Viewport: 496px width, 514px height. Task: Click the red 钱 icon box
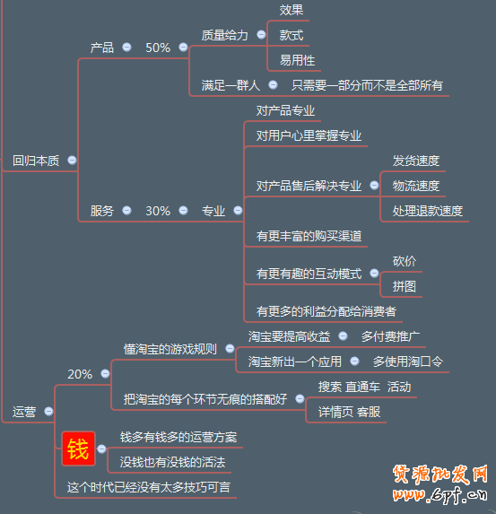[x=78, y=449]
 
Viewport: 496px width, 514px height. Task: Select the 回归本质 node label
[x=36, y=161]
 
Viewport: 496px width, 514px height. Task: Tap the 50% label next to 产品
[x=158, y=48]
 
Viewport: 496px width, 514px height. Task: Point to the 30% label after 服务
[x=158, y=211]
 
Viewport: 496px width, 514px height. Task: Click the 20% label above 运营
[x=80, y=374]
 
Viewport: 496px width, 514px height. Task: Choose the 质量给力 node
[x=224, y=35]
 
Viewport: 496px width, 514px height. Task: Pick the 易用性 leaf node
[x=297, y=60]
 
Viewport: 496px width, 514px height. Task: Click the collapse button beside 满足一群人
[x=273, y=85]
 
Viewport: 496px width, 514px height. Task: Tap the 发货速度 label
[x=416, y=161]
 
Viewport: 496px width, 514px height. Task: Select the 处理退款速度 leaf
[x=428, y=211]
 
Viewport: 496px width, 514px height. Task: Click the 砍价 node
[x=405, y=261]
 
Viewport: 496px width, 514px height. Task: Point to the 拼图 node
[x=405, y=286]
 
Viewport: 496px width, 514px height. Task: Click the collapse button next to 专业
[x=238, y=210]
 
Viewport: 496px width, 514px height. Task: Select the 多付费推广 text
[x=390, y=336]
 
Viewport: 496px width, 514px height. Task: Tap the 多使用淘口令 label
[x=408, y=362]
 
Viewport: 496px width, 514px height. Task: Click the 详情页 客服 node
[x=350, y=412]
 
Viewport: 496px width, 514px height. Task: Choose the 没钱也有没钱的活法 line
[x=173, y=462]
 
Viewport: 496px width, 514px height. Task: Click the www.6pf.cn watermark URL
[x=440, y=494]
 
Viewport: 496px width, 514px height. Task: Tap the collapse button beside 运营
[x=48, y=411]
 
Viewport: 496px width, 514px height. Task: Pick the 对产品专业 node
[x=285, y=110]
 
